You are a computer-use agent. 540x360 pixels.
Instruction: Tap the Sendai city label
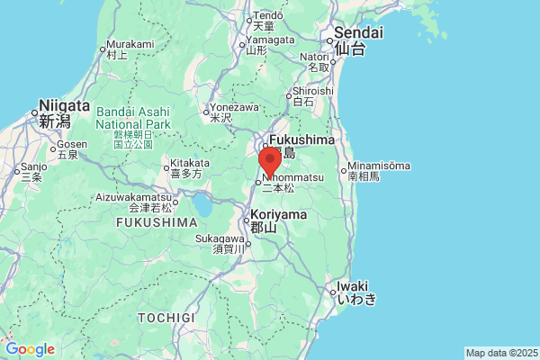click(x=358, y=33)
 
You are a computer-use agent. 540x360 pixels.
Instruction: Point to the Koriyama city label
click(x=278, y=215)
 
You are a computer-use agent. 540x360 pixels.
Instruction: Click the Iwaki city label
click(x=352, y=287)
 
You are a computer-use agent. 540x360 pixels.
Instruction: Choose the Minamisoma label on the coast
click(x=379, y=166)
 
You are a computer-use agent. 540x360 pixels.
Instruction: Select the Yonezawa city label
click(x=235, y=103)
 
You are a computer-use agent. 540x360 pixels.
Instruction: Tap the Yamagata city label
click(x=269, y=40)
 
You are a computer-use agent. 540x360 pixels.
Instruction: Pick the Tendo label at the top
click(x=268, y=15)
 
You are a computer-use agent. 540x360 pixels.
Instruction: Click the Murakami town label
click(x=130, y=44)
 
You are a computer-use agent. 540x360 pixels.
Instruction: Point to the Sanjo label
click(x=34, y=166)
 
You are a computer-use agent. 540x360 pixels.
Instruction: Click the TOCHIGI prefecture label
click(x=166, y=318)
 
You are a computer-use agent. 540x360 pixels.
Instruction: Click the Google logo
click(x=30, y=349)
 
